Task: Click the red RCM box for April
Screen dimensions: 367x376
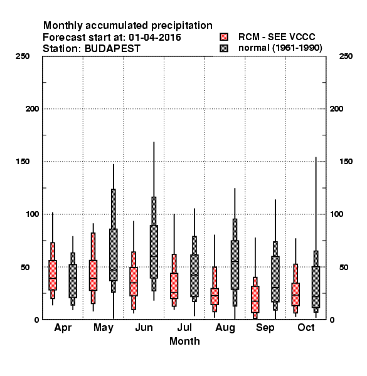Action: (x=53, y=275)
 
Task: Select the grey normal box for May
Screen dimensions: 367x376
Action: (x=114, y=254)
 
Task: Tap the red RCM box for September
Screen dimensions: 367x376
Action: (x=255, y=300)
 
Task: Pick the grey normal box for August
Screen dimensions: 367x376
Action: (x=235, y=265)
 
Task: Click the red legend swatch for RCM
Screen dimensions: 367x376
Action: (x=224, y=37)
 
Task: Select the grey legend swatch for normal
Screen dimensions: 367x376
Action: (x=224, y=48)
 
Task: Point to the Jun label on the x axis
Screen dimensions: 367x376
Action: (x=144, y=328)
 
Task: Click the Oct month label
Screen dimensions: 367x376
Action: (x=306, y=328)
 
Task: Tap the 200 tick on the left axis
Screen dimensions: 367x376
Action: (x=32, y=109)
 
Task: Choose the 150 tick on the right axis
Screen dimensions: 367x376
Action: (x=346, y=162)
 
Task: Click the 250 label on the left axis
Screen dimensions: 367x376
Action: (x=23, y=56)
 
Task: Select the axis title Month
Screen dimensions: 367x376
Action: (x=184, y=342)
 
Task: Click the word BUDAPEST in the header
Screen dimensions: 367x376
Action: (x=112, y=49)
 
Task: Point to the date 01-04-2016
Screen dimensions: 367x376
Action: (x=155, y=38)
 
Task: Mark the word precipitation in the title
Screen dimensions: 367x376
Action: (x=182, y=26)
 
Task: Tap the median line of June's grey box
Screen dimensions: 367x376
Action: (x=154, y=256)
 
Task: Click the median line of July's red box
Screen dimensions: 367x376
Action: (x=174, y=293)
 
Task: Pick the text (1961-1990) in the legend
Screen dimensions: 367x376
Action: (x=297, y=48)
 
